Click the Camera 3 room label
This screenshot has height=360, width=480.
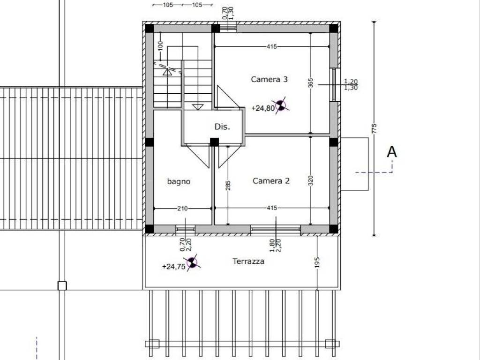point(269,79)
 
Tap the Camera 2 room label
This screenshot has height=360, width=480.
point(271,180)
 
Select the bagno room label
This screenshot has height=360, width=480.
point(179,181)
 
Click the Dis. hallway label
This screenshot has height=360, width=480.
point(222,127)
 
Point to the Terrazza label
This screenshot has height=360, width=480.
point(248,261)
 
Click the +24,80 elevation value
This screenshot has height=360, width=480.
point(263,108)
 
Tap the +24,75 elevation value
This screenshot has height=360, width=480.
point(173,267)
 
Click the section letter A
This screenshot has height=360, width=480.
point(392,152)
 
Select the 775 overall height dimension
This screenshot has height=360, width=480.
point(374,128)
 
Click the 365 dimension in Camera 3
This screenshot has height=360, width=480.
point(310,83)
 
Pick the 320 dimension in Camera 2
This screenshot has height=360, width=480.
point(310,180)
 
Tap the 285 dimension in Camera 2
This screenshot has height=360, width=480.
point(228,186)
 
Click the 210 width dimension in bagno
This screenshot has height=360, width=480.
point(182,209)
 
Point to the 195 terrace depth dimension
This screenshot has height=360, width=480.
point(317,262)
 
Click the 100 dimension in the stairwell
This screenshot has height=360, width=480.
point(160,46)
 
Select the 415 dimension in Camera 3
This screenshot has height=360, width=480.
point(271,46)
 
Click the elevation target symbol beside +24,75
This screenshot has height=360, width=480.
point(192,262)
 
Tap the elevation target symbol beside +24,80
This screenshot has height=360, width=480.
point(281,105)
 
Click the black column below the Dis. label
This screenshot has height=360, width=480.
point(214,142)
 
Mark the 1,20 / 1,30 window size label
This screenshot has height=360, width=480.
point(351,84)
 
